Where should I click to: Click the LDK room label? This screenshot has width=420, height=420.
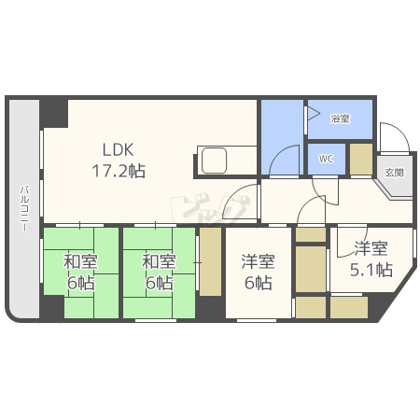point(118,148)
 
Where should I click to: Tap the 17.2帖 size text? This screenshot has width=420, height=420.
point(118,171)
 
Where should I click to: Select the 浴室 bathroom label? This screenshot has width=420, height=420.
point(341,119)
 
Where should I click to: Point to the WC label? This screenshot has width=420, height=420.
point(325,159)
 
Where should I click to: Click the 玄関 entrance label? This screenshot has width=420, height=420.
point(393,173)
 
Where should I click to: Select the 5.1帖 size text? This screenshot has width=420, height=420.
point(370,273)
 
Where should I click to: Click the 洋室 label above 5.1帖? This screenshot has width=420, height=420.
point(370,249)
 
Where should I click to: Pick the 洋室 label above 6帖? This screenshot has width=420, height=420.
point(258,261)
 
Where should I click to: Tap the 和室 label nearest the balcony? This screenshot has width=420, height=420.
point(80,260)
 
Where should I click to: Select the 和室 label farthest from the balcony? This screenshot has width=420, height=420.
point(159,260)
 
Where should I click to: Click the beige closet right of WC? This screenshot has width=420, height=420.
point(360,159)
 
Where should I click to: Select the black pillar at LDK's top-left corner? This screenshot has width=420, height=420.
point(53,111)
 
